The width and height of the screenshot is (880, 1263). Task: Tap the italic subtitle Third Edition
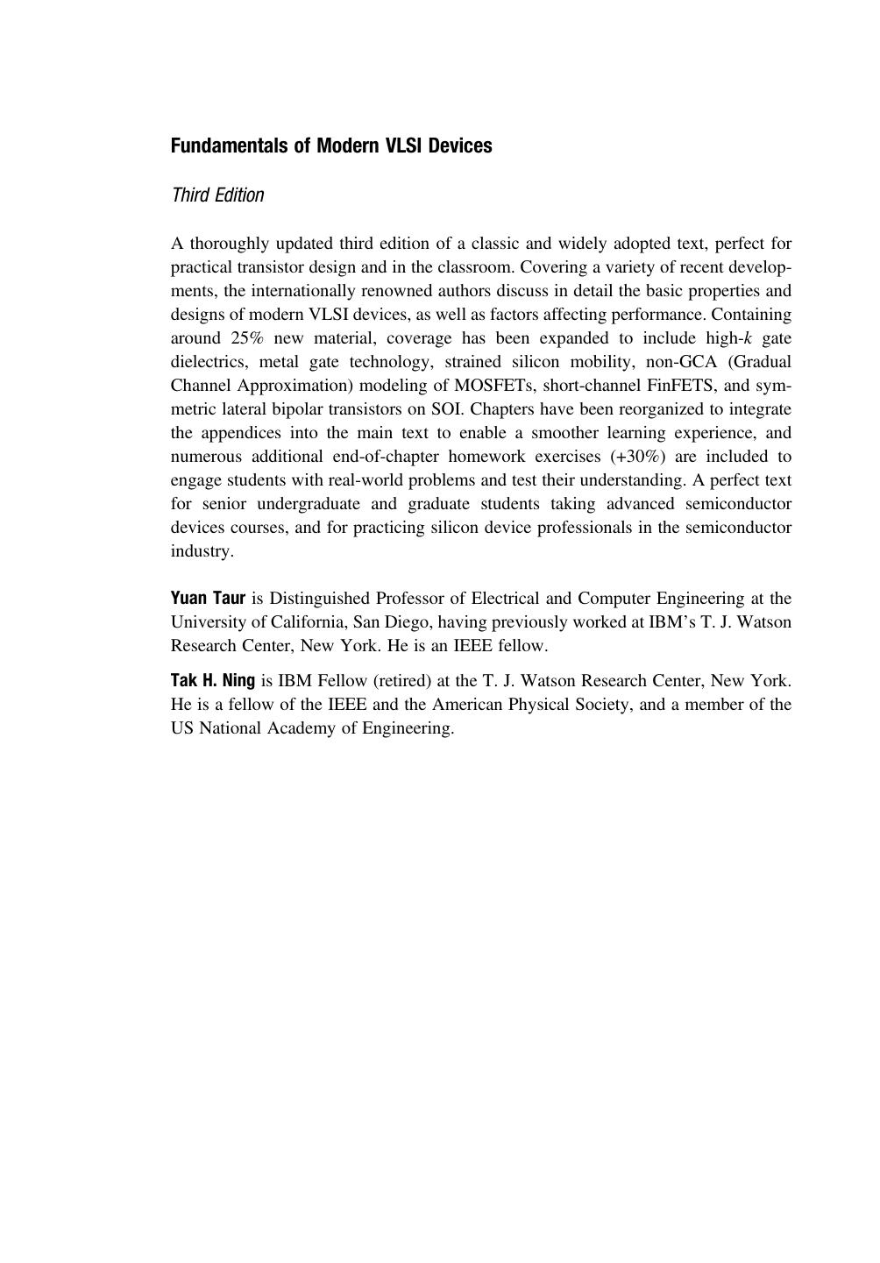[x=217, y=195]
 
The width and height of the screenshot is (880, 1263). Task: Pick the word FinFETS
[x=690, y=386]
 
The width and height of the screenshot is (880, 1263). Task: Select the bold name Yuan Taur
[x=208, y=599]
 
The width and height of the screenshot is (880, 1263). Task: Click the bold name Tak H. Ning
[x=213, y=680]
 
